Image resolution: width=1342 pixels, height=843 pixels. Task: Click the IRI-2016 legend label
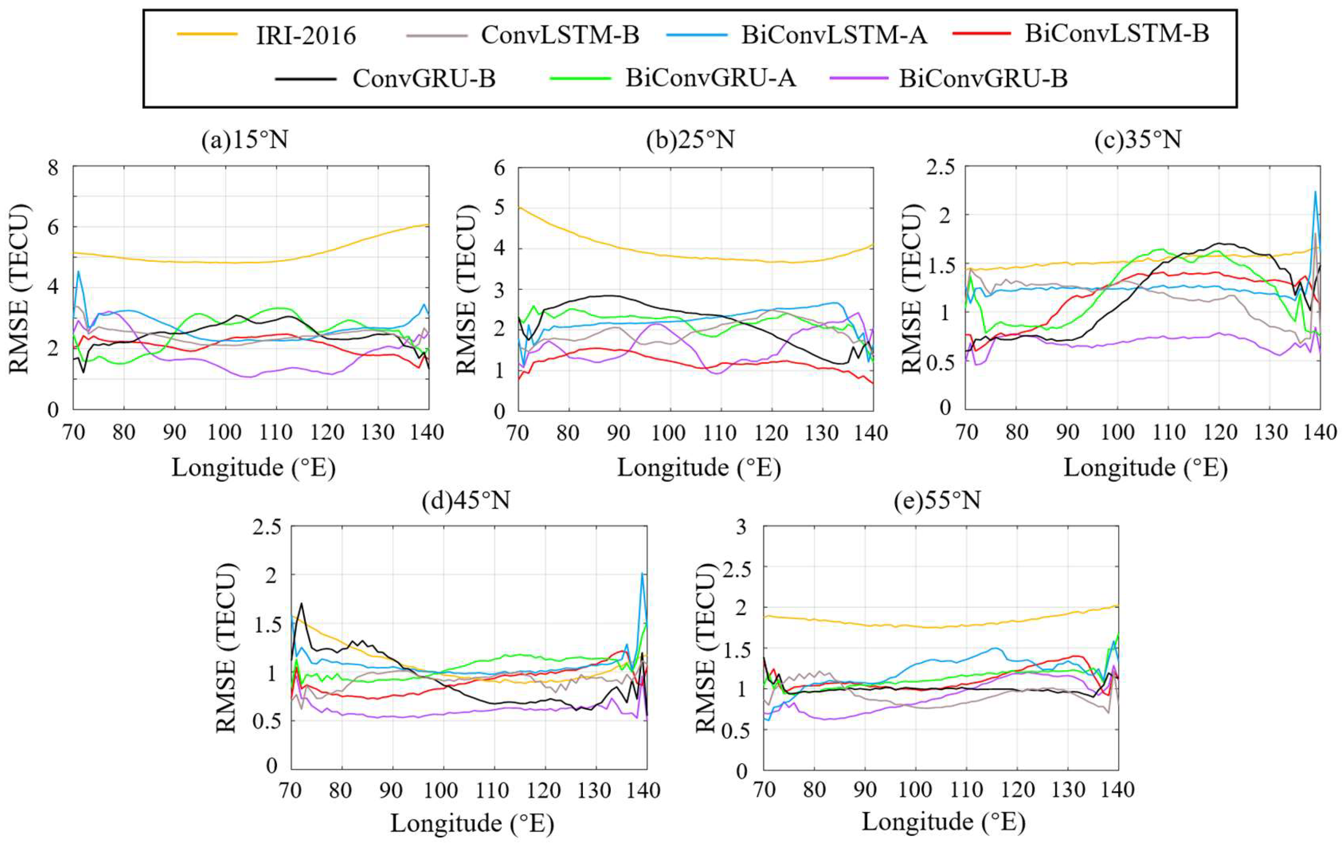pos(306,36)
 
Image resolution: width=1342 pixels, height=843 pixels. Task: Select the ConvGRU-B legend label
pos(424,78)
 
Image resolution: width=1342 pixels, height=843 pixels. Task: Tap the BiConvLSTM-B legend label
pos(1117,34)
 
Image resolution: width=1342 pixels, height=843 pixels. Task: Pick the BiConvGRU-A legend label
pos(710,78)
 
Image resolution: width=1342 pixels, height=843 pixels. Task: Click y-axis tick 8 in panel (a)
pos(53,167)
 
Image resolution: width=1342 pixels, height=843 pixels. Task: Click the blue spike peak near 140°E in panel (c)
pos(1315,192)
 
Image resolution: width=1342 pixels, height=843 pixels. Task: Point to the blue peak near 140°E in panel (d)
pos(642,573)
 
